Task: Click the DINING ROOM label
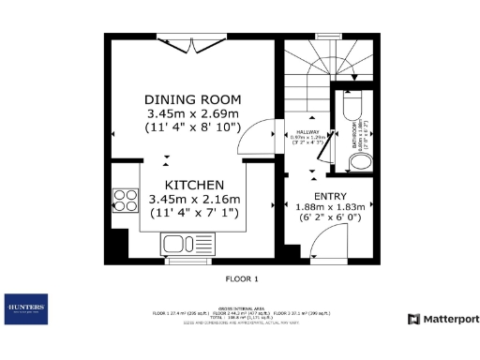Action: pyautogui.click(x=193, y=99)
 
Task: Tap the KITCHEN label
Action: pyautogui.click(x=194, y=185)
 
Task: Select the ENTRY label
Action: pyautogui.click(x=330, y=196)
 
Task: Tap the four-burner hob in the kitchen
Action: pyautogui.click(x=125, y=201)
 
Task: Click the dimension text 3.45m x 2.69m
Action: pyautogui.click(x=193, y=112)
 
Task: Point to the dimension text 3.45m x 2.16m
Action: pyautogui.click(x=194, y=199)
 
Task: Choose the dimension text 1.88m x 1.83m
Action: pyautogui.click(x=330, y=208)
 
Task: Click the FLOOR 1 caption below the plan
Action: pyautogui.click(x=241, y=279)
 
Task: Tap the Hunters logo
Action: pyautogui.click(x=26, y=308)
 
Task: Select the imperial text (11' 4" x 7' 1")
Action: pyautogui.click(x=194, y=213)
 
